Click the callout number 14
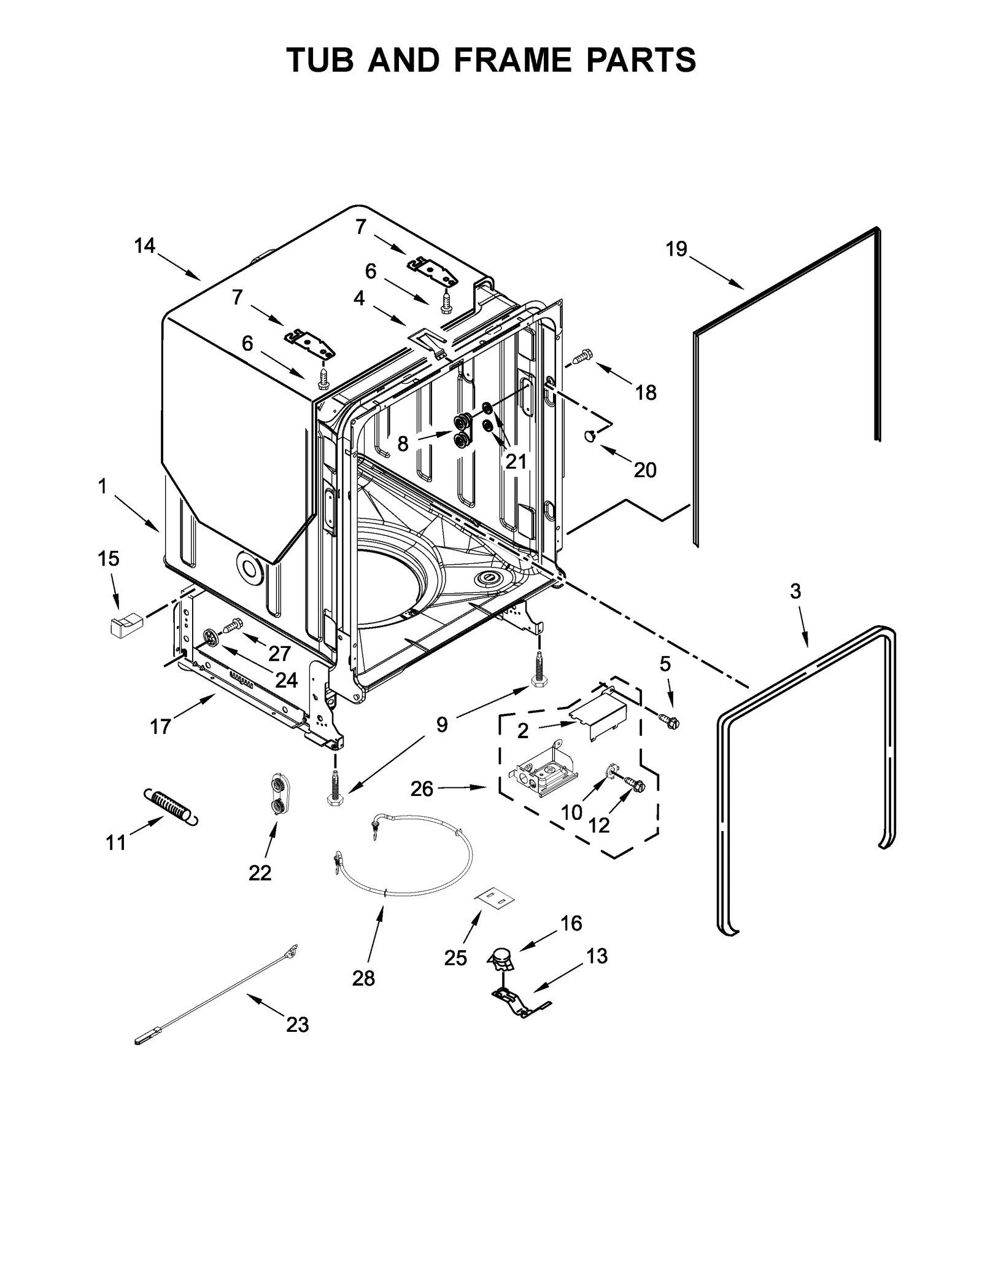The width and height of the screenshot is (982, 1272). [145, 246]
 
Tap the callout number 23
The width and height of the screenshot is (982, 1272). [297, 1024]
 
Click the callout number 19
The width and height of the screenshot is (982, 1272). [676, 249]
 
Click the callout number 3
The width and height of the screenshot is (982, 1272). [795, 591]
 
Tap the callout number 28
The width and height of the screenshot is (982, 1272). [363, 978]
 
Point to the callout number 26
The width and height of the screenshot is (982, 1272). [422, 789]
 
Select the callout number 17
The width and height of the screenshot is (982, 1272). [160, 727]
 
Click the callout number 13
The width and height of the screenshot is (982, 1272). [597, 956]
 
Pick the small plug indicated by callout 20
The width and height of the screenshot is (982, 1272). [590, 435]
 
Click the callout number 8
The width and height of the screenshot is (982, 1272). [403, 443]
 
